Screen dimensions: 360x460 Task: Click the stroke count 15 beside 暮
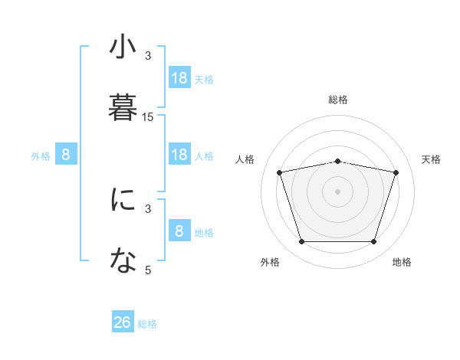tap(148, 117)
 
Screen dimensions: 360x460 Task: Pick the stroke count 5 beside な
tap(148, 270)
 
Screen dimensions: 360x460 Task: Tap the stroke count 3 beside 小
tap(148, 55)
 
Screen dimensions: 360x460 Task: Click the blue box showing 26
tap(123, 322)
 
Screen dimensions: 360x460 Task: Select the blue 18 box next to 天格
tap(179, 78)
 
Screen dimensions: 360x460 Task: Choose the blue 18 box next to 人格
tap(179, 155)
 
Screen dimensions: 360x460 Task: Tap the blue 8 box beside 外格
tap(66, 155)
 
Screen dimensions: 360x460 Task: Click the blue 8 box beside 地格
tap(179, 231)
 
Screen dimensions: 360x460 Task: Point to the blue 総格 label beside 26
tap(147, 324)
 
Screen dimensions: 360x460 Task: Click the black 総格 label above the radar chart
tap(338, 100)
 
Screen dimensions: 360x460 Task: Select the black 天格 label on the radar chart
tap(432, 159)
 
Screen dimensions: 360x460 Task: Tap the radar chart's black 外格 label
tap(270, 262)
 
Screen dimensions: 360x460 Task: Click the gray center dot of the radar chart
tap(338, 191)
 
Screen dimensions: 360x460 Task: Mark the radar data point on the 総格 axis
tap(338, 161)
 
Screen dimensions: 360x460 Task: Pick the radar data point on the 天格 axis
tap(396, 172)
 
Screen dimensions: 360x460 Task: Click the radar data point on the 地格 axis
tap(373, 242)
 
